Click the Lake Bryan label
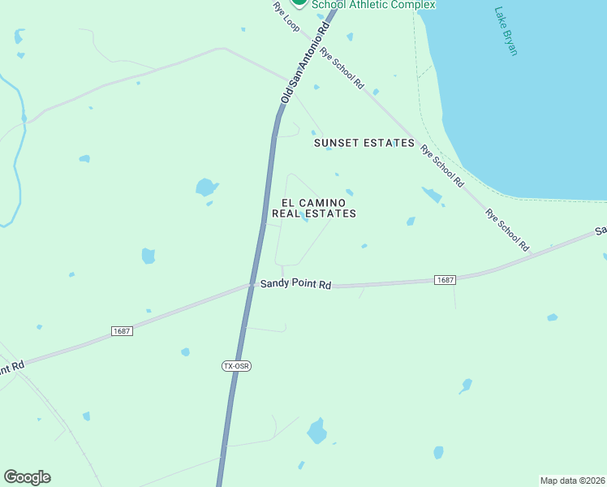[x=506, y=32]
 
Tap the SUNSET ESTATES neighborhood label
[x=364, y=143]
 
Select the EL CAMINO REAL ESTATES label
[x=314, y=208]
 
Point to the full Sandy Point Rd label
[x=296, y=284]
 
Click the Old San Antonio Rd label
[x=304, y=62]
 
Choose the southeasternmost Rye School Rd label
[x=507, y=230]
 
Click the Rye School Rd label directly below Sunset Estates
[x=441, y=166]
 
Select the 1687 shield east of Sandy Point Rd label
[x=445, y=280]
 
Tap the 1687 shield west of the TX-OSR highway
[x=122, y=331]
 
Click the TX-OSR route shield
[x=236, y=366]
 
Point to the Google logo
[x=27, y=477]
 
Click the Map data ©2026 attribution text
[x=572, y=480]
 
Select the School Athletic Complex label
[x=374, y=5]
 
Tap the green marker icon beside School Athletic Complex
[x=299, y=3]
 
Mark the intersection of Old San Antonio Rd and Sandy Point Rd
[x=251, y=285]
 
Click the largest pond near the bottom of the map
[x=317, y=431]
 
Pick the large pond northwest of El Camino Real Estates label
[x=206, y=187]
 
